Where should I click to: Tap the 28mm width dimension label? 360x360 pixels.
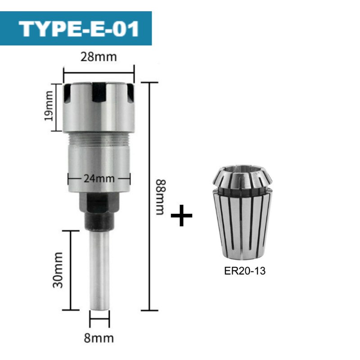tap(99, 57)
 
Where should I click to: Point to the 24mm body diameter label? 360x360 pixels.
tap(99, 178)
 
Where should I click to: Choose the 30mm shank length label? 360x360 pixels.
tap(57, 270)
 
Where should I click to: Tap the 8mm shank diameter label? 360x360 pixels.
tap(99, 337)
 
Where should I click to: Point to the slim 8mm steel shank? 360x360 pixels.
tap(99, 270)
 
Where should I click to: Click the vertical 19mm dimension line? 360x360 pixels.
tap(57, 107)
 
